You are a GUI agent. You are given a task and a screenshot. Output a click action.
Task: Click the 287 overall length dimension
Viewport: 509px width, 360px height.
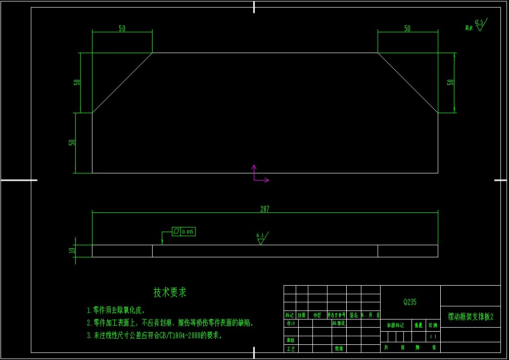[x=265, y=209]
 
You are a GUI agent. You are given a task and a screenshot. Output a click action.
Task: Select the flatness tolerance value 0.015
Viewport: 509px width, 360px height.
[x=188, y=232]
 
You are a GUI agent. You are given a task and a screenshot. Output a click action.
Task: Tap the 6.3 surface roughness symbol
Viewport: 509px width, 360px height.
[x=261, y=238]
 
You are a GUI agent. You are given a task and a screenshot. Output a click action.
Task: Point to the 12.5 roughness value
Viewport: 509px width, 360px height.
[x=479, y=22]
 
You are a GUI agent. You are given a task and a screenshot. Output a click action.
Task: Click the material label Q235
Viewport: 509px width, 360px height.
[x=410, y=302]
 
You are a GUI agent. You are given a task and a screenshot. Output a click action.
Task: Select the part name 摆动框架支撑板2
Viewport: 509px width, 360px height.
[x=470, y=317]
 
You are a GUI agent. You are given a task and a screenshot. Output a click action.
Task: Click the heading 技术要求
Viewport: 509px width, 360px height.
[x=170, y=292]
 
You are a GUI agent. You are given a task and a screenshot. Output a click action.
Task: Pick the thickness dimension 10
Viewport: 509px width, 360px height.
[x=72, y=250]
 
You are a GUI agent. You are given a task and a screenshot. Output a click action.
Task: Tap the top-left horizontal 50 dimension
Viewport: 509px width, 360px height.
[x=122, y=28]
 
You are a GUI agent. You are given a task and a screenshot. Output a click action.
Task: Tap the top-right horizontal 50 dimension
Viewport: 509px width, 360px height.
[x=407, y=28]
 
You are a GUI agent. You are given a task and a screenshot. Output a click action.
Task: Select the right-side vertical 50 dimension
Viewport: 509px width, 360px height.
[x=450, y=82]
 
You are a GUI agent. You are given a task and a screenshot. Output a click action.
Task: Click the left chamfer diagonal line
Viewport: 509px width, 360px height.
[x=122, y=82]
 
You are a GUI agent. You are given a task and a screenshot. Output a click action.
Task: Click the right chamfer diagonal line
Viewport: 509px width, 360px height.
[x=407, y=82]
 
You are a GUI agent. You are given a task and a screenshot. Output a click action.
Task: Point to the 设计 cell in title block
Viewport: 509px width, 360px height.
[x=290, y=323]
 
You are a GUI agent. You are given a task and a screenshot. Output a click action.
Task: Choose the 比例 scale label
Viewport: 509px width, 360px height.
[x=433, y=326]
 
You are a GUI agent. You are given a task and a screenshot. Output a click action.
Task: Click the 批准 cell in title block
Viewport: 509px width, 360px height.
[x=338, y=348]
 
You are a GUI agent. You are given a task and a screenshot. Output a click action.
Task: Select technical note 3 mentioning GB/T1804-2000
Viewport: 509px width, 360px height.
[x=154, y=335]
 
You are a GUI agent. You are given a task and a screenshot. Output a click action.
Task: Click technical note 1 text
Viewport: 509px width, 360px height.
[x=116, y=310]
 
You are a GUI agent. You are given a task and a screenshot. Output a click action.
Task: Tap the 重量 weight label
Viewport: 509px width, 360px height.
[x=419, y=326]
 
